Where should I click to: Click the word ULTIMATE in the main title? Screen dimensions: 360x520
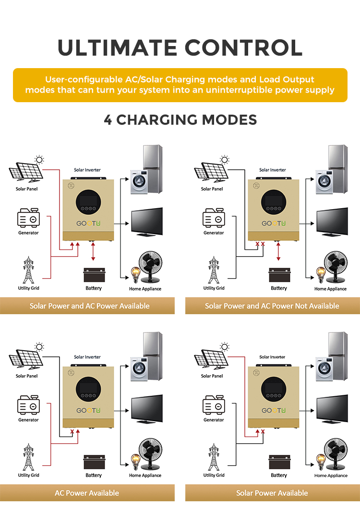click(118, 47)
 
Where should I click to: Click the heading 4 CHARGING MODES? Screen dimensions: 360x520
click(180, 120)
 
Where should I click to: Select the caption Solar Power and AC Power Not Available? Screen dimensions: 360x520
click(272, 306)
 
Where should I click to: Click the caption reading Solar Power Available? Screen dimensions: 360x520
click(272, 493)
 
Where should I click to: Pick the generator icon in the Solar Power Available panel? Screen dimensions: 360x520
click(214, 404)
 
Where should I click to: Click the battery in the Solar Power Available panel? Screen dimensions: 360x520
click(279, 462)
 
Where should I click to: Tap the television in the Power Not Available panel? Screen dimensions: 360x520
click(332, 222)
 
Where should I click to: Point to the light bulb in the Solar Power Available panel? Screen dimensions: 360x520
click(321, 462)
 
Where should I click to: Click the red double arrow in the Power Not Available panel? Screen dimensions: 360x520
click(278, 251)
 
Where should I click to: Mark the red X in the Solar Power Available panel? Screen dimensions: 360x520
click(263, 431)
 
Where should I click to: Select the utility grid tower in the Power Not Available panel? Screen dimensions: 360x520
click(214, 270)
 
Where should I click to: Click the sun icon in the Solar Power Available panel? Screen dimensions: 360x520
click(225, 347)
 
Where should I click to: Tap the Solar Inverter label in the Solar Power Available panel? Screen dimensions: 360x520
click(273, 357)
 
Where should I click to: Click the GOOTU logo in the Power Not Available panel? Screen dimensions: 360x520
click(274, 224)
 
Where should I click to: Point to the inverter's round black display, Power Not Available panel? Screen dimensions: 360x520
click(274, 202)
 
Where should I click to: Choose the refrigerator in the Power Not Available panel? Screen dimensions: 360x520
click(338, 169)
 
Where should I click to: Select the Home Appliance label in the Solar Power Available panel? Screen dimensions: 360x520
click(331, 475)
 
